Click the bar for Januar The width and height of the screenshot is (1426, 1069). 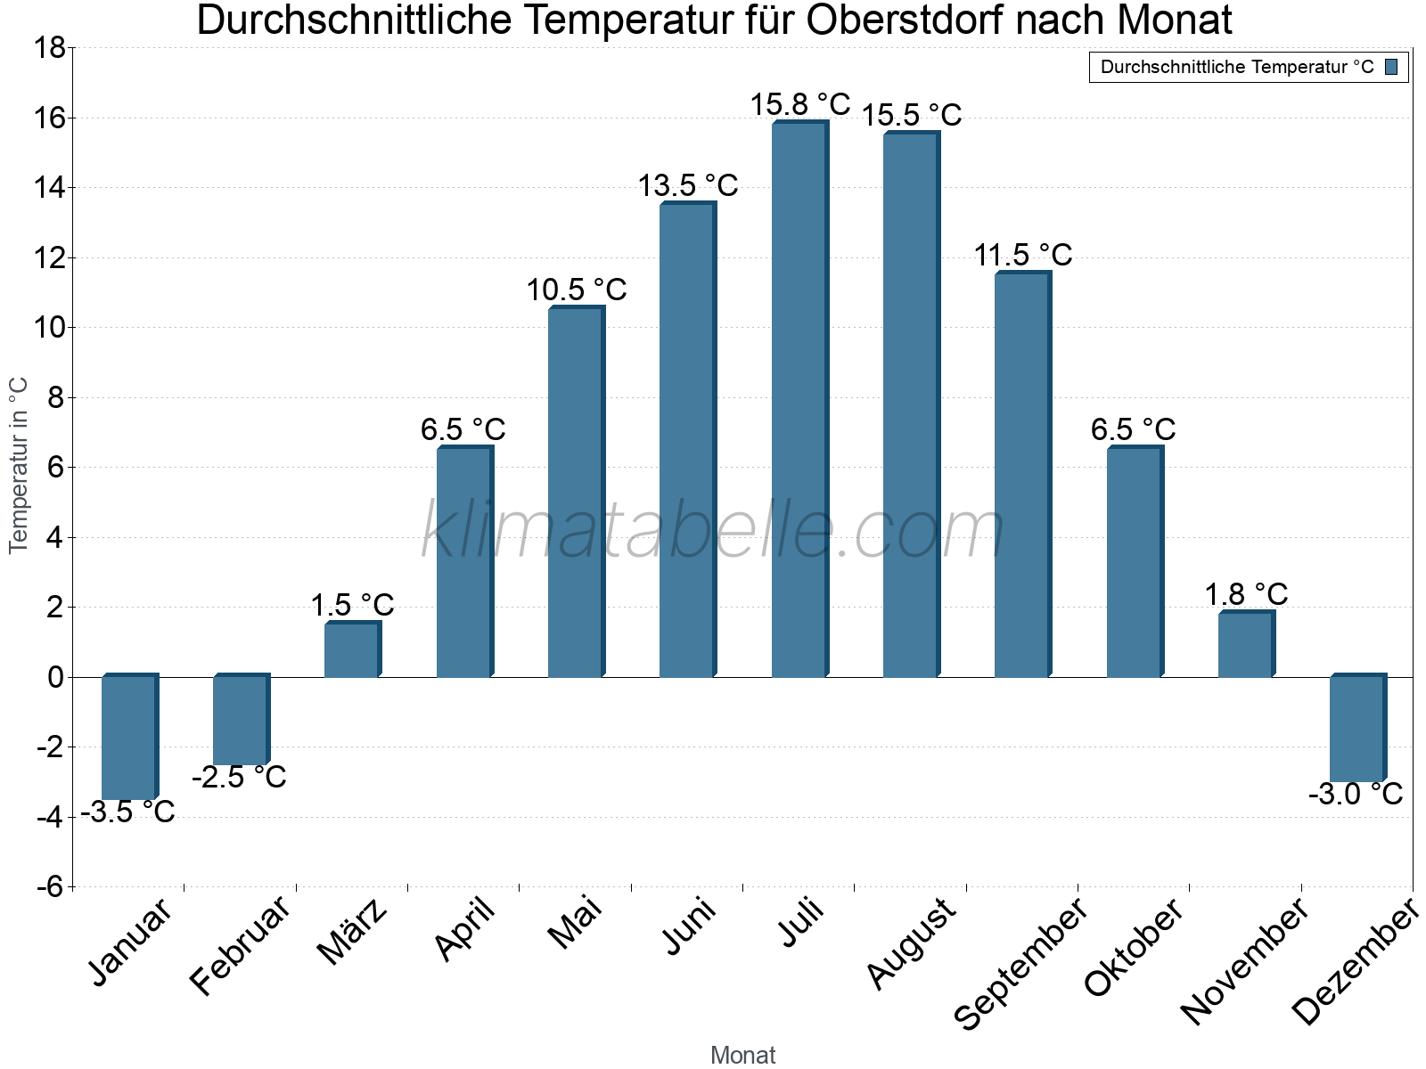[x=129, y=738]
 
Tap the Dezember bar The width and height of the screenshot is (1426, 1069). [x=1357, y=729]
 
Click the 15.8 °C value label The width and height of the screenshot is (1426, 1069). [x=799, y=104]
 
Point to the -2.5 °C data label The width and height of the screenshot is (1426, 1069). [x=239, y=777]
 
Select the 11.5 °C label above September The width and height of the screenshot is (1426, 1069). [x=1022, y=256]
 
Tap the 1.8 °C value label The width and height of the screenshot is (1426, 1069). [x=1246, y=594]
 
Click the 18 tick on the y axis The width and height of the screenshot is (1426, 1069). [x=50, y=48]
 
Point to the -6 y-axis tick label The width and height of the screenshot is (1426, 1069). [x=50, y=886]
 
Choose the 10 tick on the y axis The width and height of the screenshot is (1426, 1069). [x=50, y=328]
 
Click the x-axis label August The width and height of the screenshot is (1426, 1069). [x=911, y=943]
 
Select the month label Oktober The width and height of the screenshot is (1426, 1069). [x=1133, y=946]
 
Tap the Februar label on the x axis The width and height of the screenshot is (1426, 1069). [x=240, y=944]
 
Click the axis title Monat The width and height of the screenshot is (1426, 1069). [x=742, y=1055]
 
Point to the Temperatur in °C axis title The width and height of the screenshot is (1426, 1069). [x=18, y=465]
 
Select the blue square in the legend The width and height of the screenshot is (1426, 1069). [x=1391, y=67]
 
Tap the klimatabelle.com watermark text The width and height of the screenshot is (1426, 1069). [x=713, y=531]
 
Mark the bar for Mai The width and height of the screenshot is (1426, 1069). [x=576, y=492]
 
